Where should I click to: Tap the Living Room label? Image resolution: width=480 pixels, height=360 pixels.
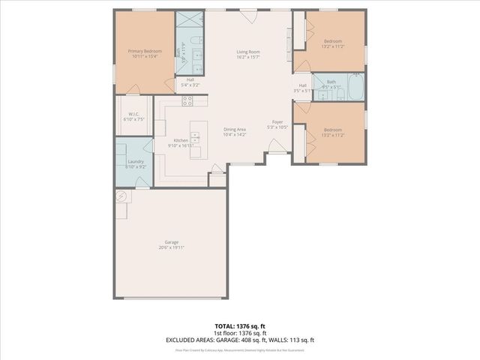pos(248,53)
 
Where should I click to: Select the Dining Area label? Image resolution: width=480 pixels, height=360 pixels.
pos(235,132)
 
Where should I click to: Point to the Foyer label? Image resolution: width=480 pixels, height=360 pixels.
pos(277,124)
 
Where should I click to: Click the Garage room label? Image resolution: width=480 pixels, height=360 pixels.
pos(172,244)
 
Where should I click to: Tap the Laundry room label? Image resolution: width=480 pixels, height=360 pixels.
pos(136,164)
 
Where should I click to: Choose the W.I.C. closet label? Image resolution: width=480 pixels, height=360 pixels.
pos(133,117)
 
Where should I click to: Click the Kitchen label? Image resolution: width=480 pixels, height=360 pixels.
pos(181,142)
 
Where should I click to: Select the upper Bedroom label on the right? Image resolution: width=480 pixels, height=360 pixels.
pos(333,43)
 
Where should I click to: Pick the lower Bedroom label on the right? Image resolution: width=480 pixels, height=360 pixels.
pos(333,132)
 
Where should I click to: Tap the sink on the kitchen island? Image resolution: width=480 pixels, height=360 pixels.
pos(196,137)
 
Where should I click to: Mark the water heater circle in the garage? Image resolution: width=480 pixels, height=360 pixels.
pos(121,196)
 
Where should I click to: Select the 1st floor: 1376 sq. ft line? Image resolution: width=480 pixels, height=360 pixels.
pos(239,334)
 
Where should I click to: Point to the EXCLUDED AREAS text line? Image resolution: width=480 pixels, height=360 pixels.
pos(239,340)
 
